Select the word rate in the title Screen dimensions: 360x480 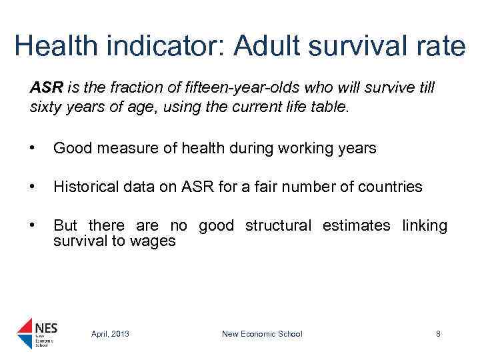[x=438, y=47]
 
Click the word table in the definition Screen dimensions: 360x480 [x=331, y=106]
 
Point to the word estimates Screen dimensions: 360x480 [x=356, y=226]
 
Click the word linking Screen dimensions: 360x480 [x=425, y=226]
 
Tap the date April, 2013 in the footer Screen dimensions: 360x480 [x=110, y=334]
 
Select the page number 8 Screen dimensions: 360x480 [x=438, y=334]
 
